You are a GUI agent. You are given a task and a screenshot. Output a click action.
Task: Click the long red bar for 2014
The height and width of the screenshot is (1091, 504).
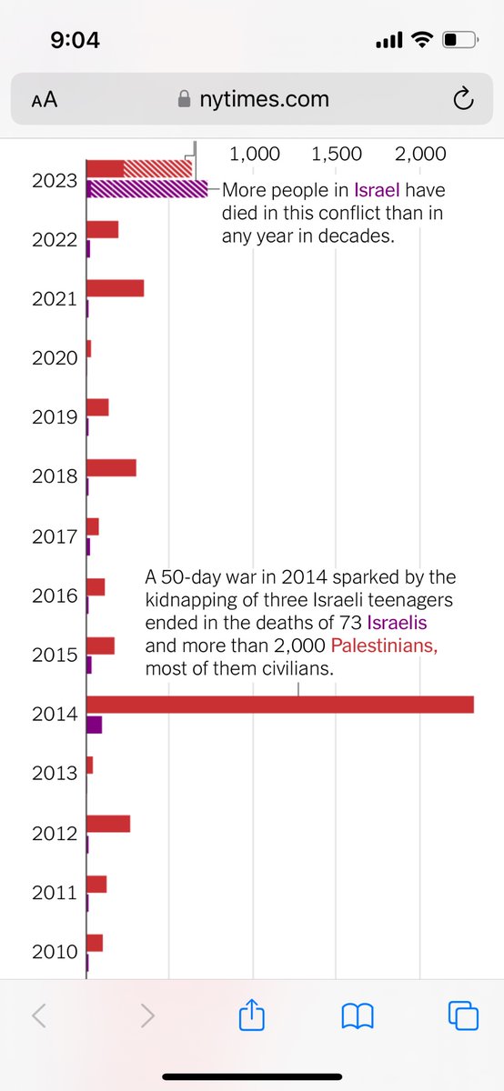pyautogui.click(x=280, y=705)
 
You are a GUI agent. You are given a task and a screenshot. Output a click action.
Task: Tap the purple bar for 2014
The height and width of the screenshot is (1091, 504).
pyautogui.click(x=94, y=725)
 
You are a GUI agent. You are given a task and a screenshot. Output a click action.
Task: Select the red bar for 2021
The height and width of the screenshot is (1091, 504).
pyautogui.click(x=115, y=288)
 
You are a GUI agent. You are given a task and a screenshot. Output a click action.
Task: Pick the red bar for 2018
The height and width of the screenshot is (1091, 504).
pyautogui.click(x=111, y=467)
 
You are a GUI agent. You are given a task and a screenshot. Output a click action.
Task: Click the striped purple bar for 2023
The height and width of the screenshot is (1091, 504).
pyautogui.click(x=147, y=188)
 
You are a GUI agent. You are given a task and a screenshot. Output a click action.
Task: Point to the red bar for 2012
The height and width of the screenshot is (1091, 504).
pyautogui.click(x=108, y=824)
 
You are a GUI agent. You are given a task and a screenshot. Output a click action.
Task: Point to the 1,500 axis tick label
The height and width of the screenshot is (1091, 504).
pyautogui.click(x=336, y=155)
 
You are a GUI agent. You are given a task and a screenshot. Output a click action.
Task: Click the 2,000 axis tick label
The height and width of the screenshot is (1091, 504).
pyautogui.click(x=419, y=155)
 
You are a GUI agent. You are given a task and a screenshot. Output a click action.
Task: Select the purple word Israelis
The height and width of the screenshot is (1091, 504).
pyautogui.click(x=397, y=624)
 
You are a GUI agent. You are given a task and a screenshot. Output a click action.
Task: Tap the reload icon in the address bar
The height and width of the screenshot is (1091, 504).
pyautogui.click(x=462, y=99)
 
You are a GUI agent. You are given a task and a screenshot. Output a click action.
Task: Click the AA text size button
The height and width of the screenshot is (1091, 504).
pyautogui.click(x=44, y=100)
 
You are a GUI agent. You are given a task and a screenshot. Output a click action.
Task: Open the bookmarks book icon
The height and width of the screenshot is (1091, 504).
pyautogui.click(x=358, y=1016)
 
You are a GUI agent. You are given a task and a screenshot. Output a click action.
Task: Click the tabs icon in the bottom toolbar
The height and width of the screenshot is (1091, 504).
pyautogui.click(x=462, y=1016)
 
